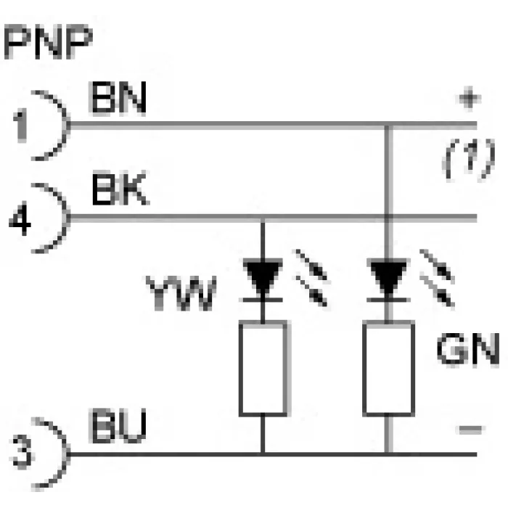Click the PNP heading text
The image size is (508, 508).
(48, 41)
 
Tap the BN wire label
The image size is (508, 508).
(118, 97)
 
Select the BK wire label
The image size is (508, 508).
(120, 189)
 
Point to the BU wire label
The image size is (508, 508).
(118, 426)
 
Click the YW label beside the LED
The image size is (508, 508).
(181, 293)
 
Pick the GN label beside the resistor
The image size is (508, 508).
(469, 350)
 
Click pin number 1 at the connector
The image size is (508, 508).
(20, 126)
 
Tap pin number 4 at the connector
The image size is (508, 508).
(20, 218)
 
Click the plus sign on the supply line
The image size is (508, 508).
(470, 99)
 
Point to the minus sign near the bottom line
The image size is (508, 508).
(470, 430)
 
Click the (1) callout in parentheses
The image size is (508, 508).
(470, 159)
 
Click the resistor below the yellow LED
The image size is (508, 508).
(263, 368)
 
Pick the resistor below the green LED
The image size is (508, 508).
(389, 368)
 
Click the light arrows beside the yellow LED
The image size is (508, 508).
(311, 278)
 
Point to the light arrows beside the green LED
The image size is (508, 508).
(437, 278)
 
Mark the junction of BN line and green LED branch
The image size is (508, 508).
(388, 125)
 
